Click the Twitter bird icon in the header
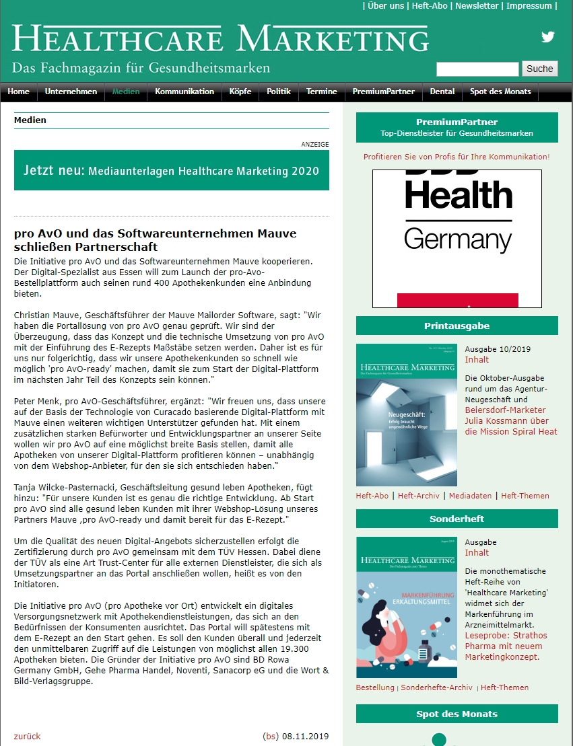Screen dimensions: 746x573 pos(548,37)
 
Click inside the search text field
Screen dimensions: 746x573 pos(477,69)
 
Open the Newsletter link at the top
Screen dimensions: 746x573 pos(477,6)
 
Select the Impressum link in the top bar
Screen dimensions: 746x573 pos(529,6)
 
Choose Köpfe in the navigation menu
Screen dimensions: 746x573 pos(240,91)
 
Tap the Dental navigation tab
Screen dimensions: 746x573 pos(442,91)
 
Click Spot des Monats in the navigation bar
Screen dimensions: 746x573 pos(500,91)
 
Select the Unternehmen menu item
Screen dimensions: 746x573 pos(71,91)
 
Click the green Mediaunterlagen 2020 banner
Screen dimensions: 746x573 pos(172,170)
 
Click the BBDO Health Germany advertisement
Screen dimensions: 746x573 pos(457,238)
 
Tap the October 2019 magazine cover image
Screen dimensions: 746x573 pos(406,414)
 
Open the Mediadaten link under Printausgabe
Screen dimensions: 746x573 pos(470,496)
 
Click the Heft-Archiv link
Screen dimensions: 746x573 pos(418,496)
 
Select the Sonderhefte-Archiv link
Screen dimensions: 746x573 pos(437,687)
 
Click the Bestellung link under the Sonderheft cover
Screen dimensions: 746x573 pos(375,687)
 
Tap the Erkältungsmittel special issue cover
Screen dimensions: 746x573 pos(406,607)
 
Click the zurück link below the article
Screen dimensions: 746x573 pos(27,736)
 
